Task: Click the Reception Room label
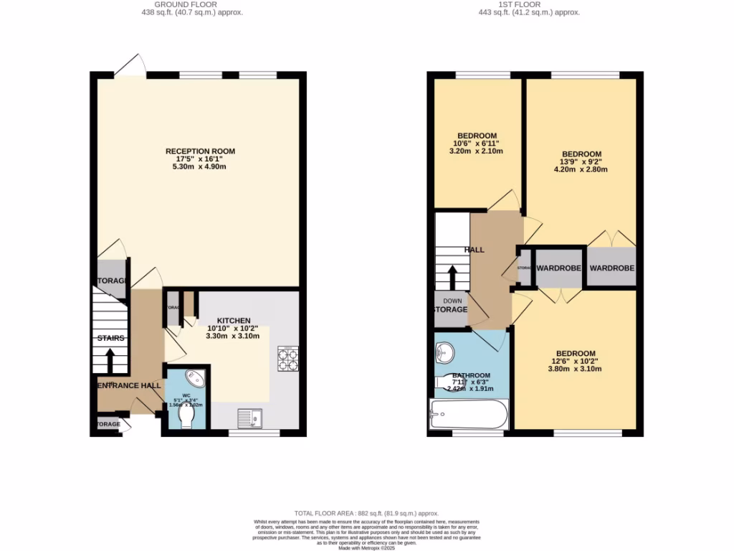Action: [x=200, y=151]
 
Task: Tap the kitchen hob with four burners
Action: [x=287, y=358]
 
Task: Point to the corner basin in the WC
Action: [x=195, y=378]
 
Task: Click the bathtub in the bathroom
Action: [x=469, y=415]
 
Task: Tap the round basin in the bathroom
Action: [x=445, y=352]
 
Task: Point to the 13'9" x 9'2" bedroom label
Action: [x=581, y=154]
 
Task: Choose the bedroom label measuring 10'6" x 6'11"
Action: [x=477, y=136]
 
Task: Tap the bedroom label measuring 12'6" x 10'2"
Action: [x=576, y=353]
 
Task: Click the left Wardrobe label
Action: [x=558, y=268]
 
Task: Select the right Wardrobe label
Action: [x=611, y=268]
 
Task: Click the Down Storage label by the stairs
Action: [x=451, y=306]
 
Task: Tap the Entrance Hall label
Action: [x=130, y=386]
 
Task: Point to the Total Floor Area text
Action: [x=366, y=514]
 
